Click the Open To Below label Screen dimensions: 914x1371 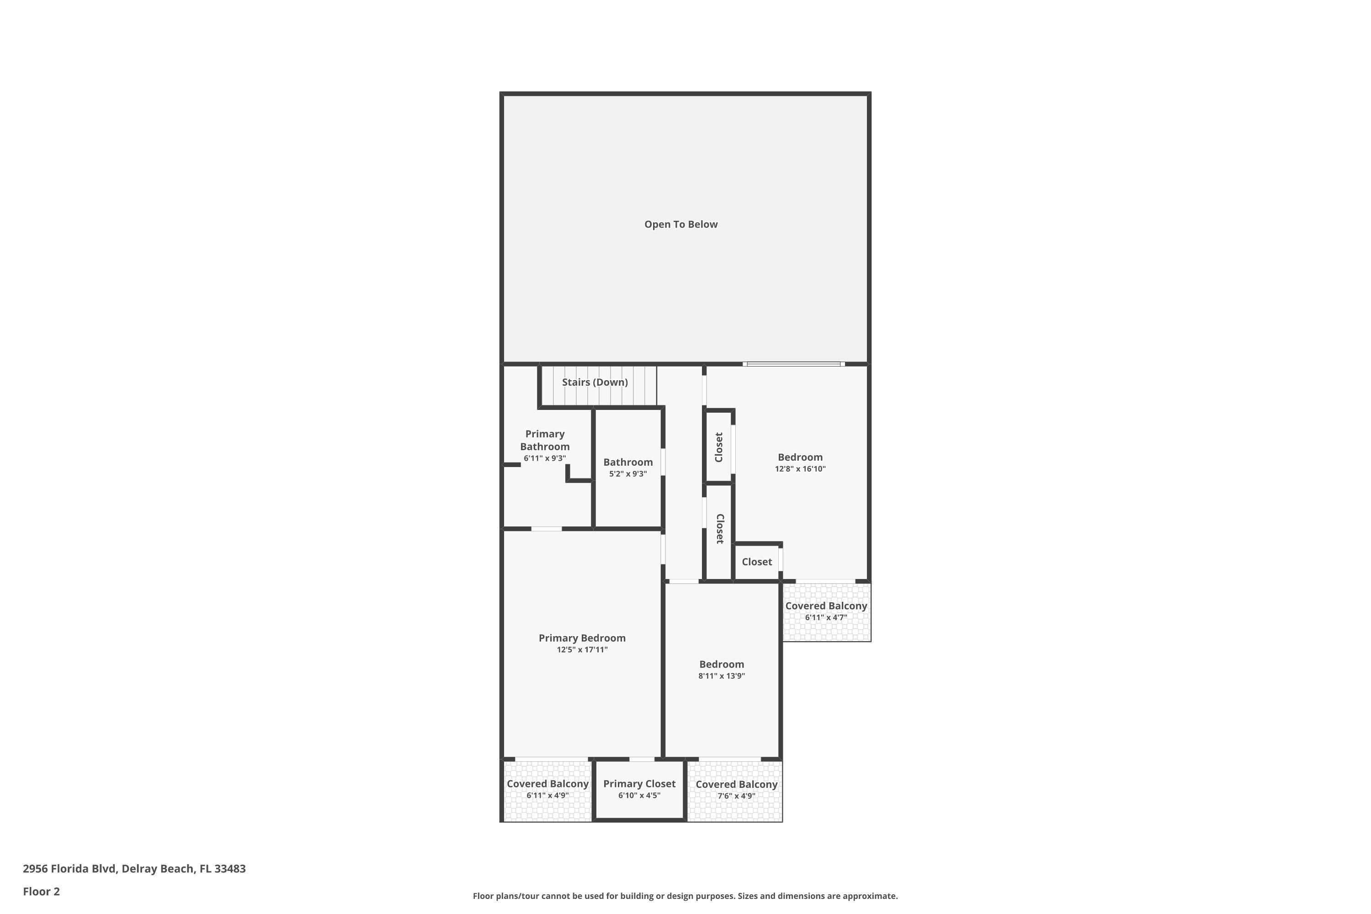click(x=680, y=224)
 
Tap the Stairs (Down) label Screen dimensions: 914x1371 click(x=595, y=383)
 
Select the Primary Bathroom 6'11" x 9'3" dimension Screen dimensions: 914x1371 click(x=544, y=459)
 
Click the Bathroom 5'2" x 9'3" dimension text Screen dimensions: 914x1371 click(x=628, y=474)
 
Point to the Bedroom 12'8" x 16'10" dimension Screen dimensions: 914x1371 click(x=800, y=469)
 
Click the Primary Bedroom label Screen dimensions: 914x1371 click(x=582, y=638)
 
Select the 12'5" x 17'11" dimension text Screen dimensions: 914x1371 click(x=582, y=650)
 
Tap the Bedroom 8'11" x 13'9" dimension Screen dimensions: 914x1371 click(x=721, y=676)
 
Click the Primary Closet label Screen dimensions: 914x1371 click(x=639, y=784)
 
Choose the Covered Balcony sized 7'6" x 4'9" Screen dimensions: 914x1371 click(x=736, y=789)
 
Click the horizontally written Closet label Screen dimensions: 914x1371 click(x=757, y=562)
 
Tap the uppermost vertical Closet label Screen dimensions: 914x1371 click(x=719, y=447)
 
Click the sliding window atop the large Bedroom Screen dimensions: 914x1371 click(x=793, y=364)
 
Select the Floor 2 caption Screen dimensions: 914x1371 click(x=42, y=891)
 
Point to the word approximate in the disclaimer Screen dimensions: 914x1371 click(x=869, y=896)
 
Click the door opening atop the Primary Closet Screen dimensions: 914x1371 click(x=641, y=760)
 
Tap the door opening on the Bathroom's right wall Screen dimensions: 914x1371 click(x=663, y=462)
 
